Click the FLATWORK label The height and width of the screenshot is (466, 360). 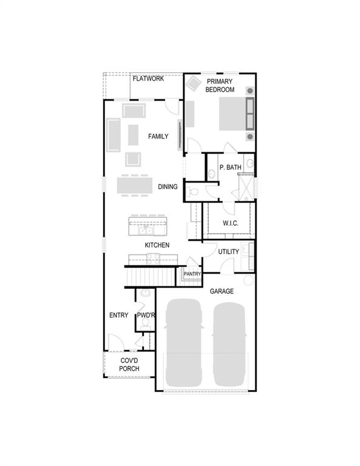[x=148, y=79]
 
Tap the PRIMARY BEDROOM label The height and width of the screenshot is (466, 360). [x=220, y=86]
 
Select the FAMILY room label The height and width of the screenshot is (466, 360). [x=158, y=137]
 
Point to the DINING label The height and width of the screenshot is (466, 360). [x=168, y=187]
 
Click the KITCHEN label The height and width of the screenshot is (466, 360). [x=157, y=245]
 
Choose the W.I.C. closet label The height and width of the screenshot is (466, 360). [x=230, y=223]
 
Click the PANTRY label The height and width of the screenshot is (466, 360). [x=192, y=274]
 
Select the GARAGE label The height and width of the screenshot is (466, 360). [x=222, y=292]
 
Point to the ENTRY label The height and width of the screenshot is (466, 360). [x=118, y=316]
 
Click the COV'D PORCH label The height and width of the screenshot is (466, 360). [x=129, y=364]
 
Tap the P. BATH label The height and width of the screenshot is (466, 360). [x=231, y=167]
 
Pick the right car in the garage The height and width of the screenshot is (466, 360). [x=229, y=343]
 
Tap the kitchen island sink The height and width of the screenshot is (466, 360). [x=146, y=230]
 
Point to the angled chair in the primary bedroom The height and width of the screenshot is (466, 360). [x=194, y=83]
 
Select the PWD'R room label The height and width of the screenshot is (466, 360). [x=146, y=316]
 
